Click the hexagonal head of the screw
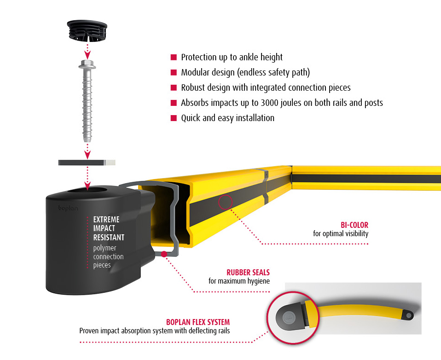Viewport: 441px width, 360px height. [x=87, y=64]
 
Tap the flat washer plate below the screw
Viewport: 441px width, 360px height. [x=87, y=163]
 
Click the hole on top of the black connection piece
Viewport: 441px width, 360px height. [x=88, y=191]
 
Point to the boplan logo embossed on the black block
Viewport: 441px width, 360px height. [x=68, y=208]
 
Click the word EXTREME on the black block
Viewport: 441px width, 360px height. [x=106, y=220]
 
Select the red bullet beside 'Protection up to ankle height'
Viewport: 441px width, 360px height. [x=174, y=58]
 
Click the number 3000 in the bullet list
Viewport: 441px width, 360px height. [x=270, y=103]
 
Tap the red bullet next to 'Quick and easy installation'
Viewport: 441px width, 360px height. [x=174, y=118]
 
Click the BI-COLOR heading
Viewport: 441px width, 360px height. [x=354, y=225]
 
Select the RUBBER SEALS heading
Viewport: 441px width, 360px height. [x=248, y=272]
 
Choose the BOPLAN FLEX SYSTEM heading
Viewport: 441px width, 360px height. [x=198, y=322]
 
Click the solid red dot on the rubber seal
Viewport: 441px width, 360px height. [x=164, y=254]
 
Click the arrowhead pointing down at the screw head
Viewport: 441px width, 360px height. [x=87, y=55]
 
